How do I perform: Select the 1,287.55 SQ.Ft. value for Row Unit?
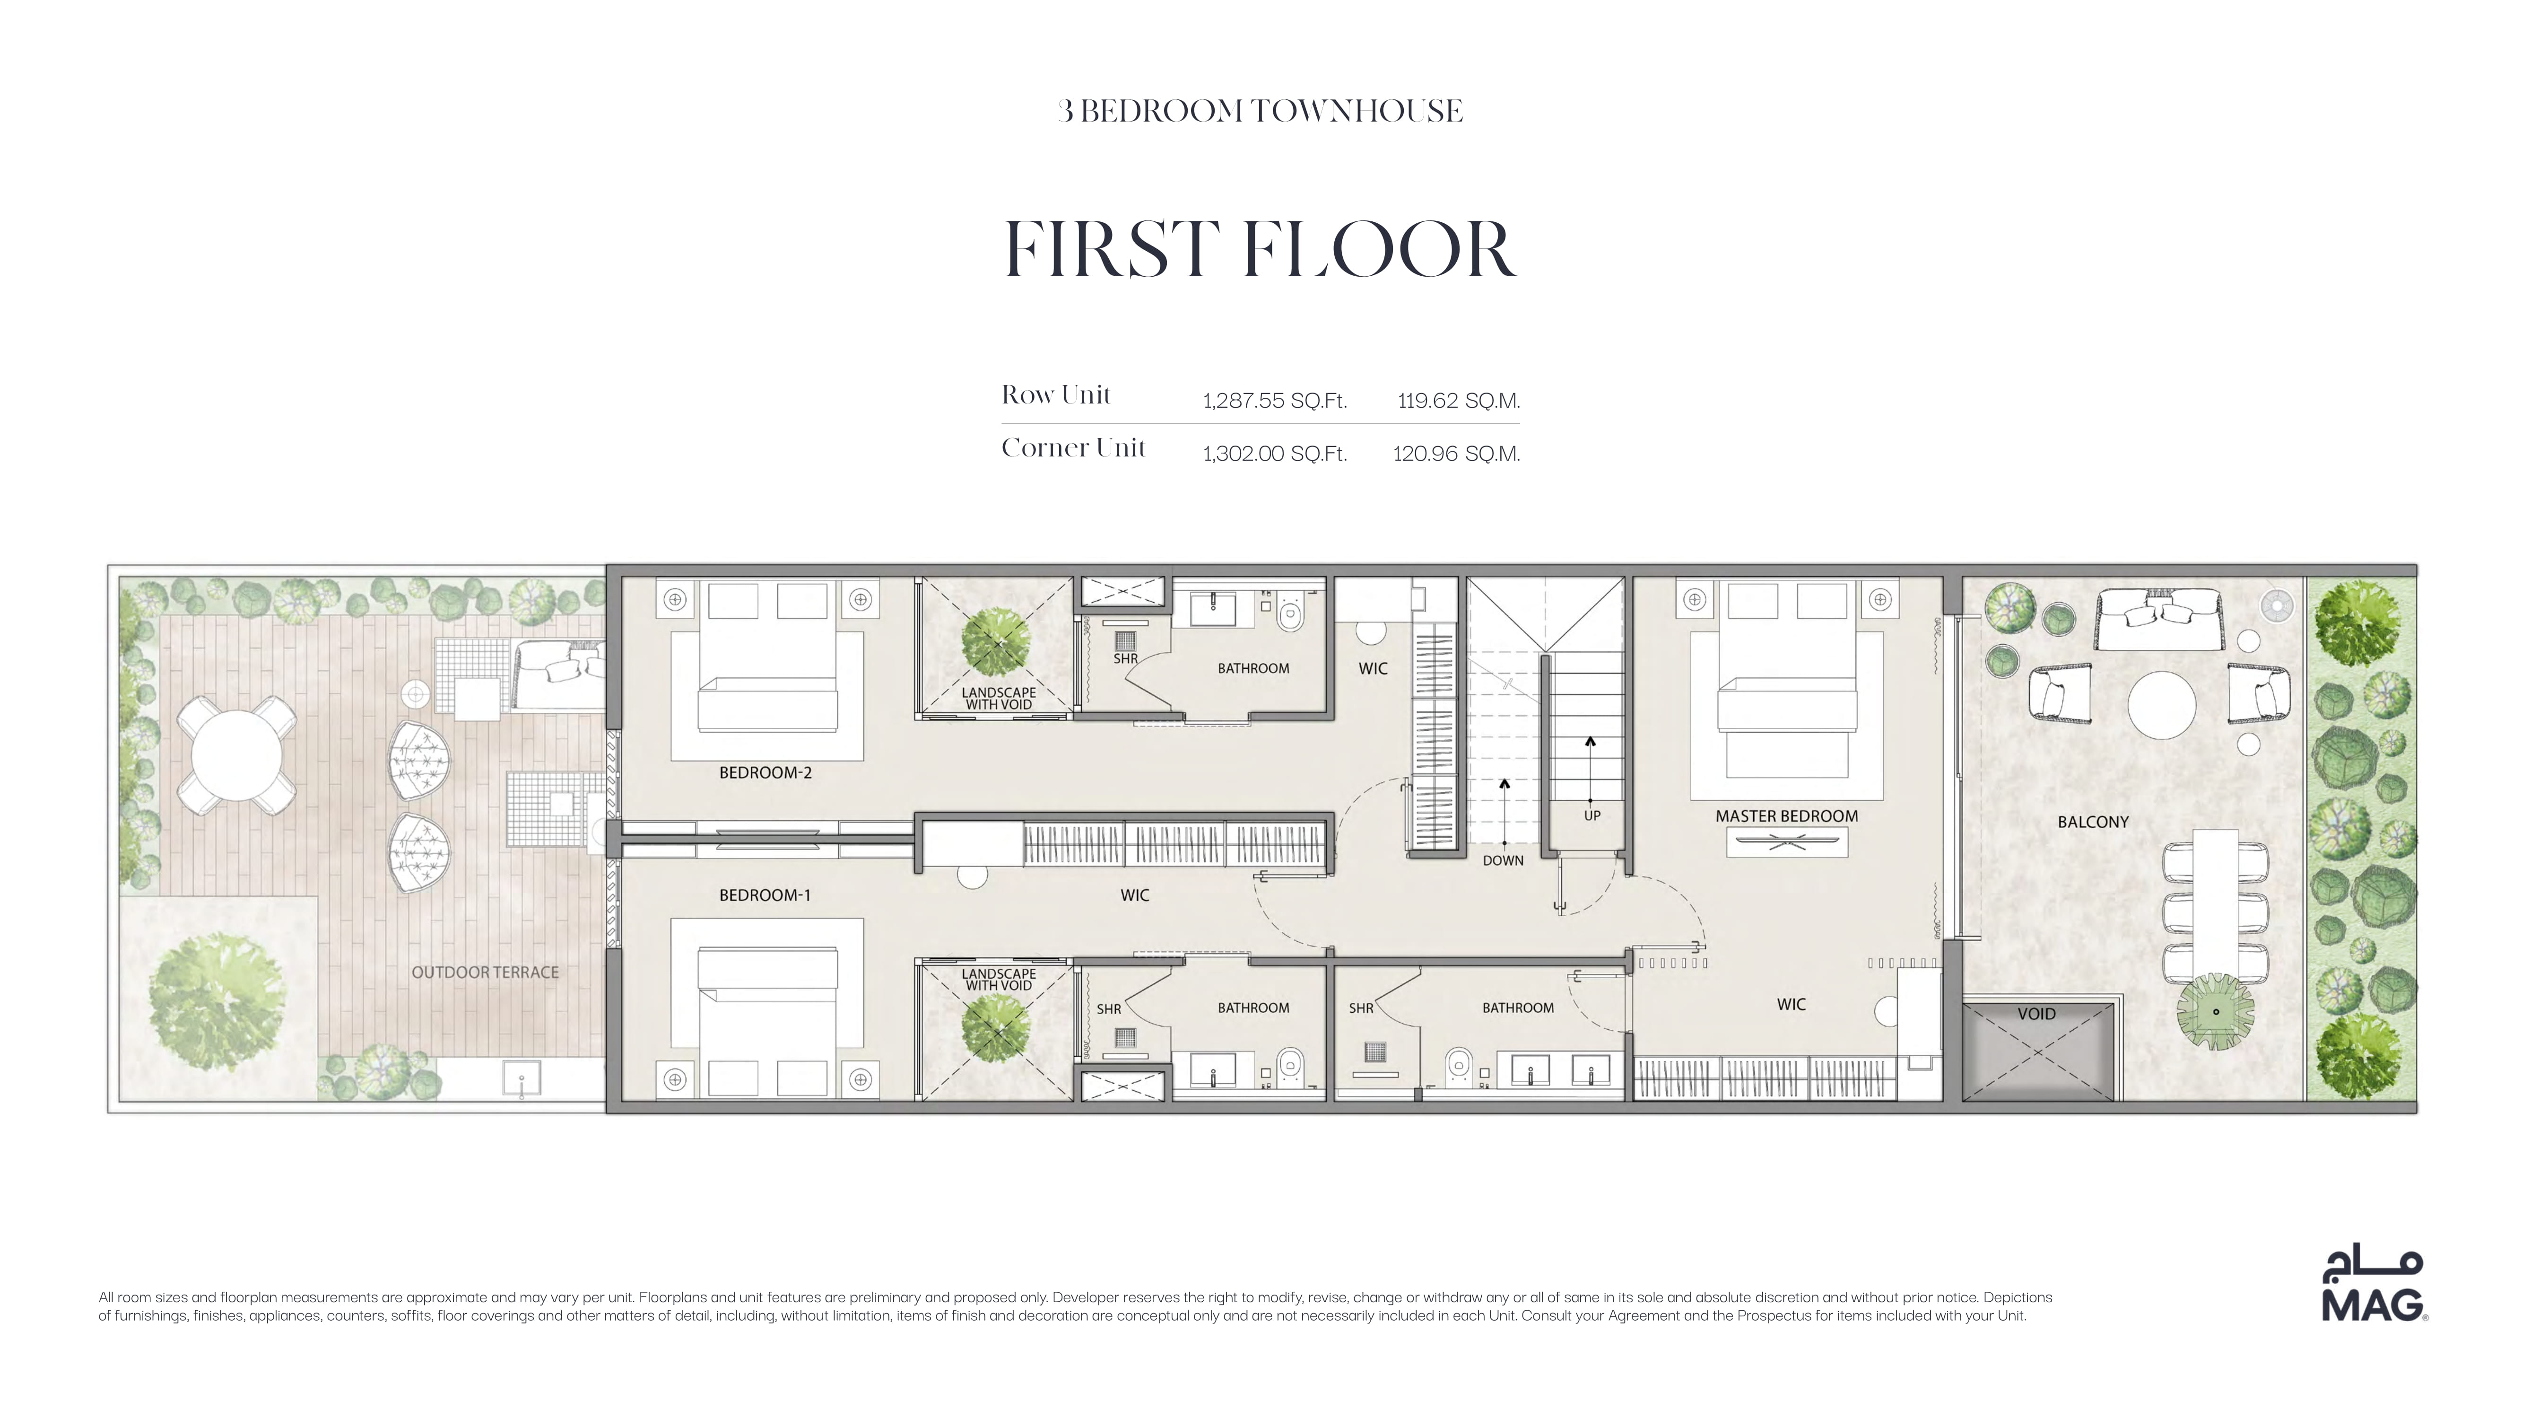click(x=1275, y=401)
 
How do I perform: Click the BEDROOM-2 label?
click(x=765, y=773)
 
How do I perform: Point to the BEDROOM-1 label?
click(x=765, y=895)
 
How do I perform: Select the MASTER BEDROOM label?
click(x=1787, y=816)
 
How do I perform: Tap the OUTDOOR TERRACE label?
click(x=486, y=972)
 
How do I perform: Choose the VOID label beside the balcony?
click(x=2036, y=1014)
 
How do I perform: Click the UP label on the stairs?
click(x=1592, y=816)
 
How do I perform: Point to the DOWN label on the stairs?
click(x=1503, y=861)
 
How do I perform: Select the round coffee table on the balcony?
click(x=2162, y=704)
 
